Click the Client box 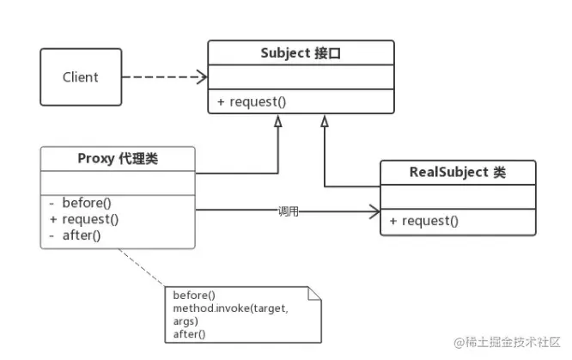pos(81,77)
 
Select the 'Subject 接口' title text pos(301,53)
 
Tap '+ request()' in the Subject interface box pos(252,102)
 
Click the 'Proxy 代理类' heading pos(118,159)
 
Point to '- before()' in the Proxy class pos(80,203)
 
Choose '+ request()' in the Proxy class pos(84,219)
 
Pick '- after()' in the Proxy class pos(75,235)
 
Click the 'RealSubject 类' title pos(458,172)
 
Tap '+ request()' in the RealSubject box pos(424,221)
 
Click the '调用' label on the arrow pos(289,211)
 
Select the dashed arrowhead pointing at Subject pos(202,77)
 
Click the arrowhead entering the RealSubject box pos(374,211)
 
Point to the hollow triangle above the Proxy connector pos(278,122)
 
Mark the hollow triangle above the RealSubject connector pos(325,122)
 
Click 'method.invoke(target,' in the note pos(230,308)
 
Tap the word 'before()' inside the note pos(194,295)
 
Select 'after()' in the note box pos(189,334)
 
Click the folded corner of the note pos(314,294)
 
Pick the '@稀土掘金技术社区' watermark pos(507,342)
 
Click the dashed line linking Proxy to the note pos(142,267)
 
